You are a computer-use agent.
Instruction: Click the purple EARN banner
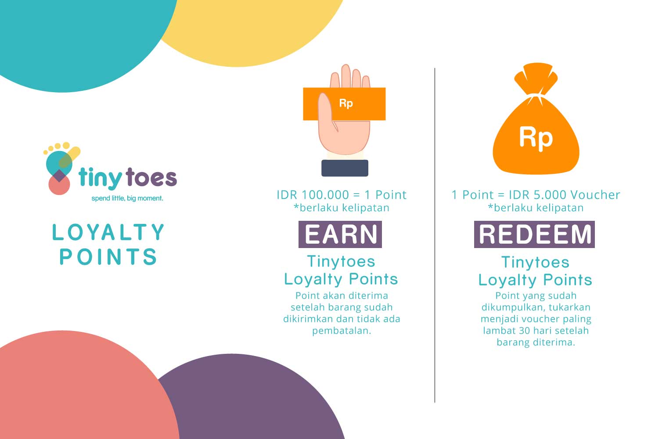(x=340, y=234)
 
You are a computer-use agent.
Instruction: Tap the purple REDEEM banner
(x=534, y=234)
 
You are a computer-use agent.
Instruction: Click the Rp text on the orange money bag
(x=536, y=138)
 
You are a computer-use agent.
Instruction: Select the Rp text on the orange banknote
(x=346, y=104)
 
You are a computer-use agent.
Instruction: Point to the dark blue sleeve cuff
(x=345, y=168)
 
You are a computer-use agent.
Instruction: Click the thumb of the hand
(x=326, y=112)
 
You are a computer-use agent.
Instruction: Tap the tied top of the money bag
(x=536, y=79)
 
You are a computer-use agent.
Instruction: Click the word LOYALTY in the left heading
(x=108, y=232)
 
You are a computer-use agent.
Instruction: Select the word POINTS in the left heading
(x=108, y=256)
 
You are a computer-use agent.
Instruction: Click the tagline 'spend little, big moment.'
(x=127, y=198)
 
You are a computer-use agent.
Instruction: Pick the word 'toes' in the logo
(x=151, y=177)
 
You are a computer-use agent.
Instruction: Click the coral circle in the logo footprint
(x=59, y=185)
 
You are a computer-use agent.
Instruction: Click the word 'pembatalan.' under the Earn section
(x=342, y=331)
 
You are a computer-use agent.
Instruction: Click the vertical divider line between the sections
(x=435, y=235)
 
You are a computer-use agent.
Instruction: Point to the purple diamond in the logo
(x=59, y=176)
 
